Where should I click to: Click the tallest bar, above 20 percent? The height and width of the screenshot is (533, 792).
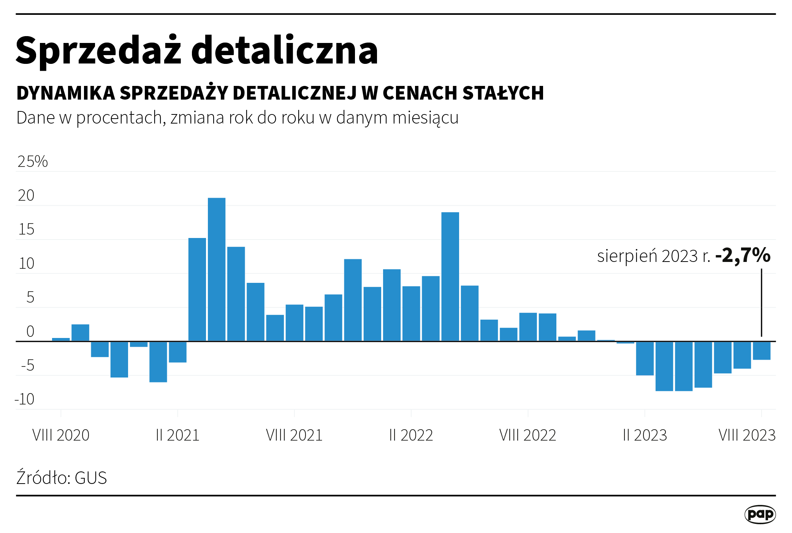point(217,269)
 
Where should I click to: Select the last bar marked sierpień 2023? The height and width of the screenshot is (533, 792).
point(762,351)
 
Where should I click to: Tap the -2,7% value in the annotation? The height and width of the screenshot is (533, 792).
point(743,255)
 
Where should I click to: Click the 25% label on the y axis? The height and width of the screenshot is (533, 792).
point(33,162)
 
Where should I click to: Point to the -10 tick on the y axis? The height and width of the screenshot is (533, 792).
point(25,399)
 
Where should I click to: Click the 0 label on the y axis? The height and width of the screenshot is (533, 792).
point(30,332)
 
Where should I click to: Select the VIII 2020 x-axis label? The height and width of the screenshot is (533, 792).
point(61,435)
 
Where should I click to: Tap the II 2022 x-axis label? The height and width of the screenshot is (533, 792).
point(411,435)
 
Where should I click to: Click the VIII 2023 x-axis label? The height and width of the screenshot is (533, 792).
point(747,435)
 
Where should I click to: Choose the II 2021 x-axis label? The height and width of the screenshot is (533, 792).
point(177,435)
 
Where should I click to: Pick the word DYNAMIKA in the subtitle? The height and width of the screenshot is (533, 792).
point(66,93)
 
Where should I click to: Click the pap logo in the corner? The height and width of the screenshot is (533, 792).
point(760,514)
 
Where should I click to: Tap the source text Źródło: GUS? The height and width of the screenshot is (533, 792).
point(62,477)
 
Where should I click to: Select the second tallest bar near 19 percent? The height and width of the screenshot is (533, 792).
point(450,276)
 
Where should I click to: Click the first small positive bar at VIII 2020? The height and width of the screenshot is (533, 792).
point(61,339)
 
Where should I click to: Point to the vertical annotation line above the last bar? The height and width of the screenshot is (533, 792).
point(761,302)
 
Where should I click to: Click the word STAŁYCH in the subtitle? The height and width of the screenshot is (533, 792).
point(503,93)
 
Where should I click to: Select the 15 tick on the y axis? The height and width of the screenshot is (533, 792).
point(26,230)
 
